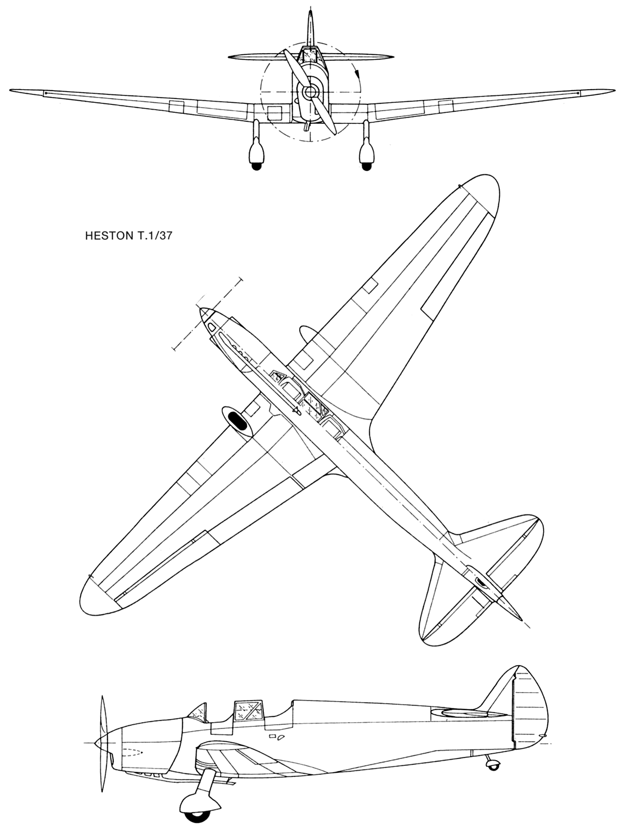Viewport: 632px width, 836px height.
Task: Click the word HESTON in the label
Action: coord(107,236)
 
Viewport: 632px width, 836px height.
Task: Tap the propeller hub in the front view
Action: coord(310,91)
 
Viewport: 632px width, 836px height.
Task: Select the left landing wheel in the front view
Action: coord(256,166)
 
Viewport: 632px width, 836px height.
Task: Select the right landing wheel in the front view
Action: coord(367,166)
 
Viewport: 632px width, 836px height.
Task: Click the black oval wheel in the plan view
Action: coord(236,420)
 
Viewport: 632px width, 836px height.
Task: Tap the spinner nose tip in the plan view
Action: coord(201,309)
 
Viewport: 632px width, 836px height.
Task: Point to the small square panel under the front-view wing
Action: coord(274,113)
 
